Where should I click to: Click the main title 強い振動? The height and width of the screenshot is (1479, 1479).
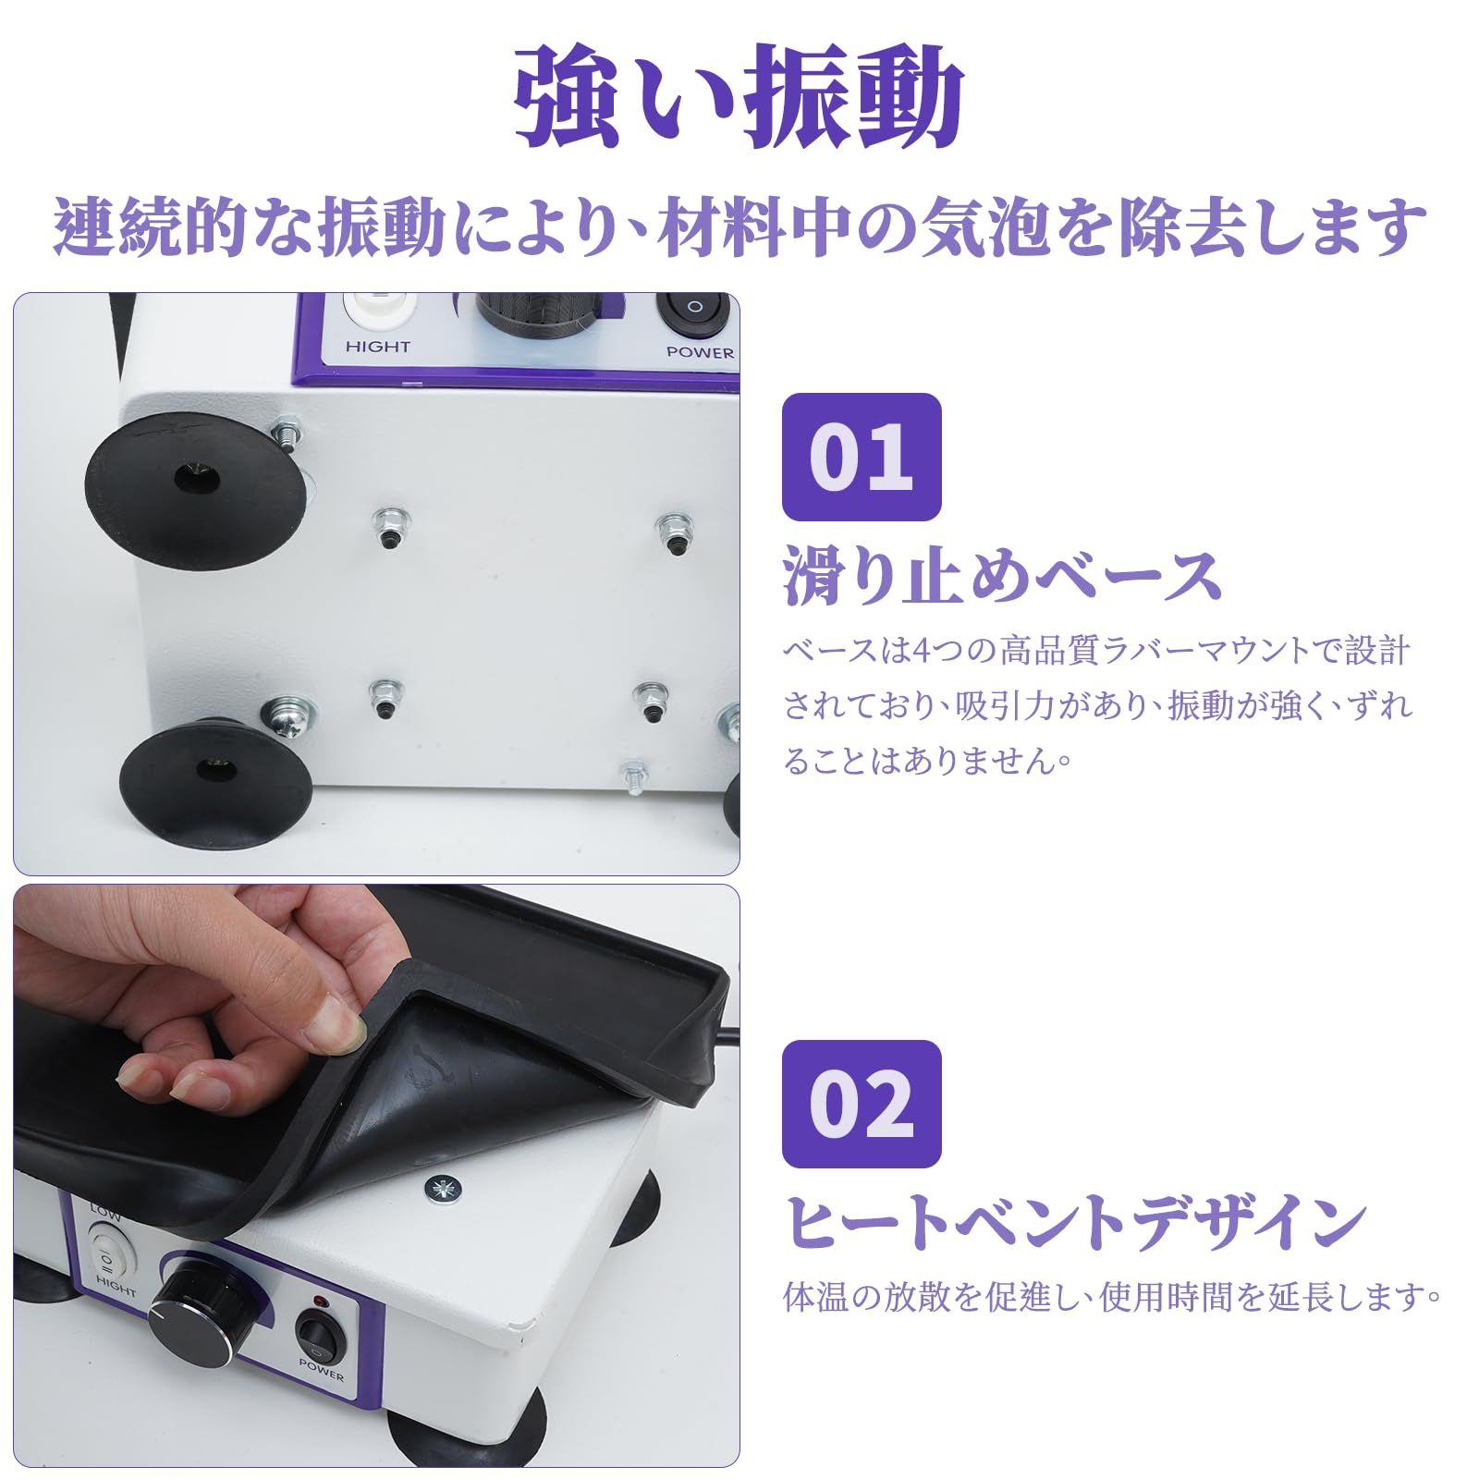739,97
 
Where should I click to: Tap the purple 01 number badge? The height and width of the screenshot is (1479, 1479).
861,457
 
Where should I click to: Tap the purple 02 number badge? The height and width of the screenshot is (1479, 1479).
861,1104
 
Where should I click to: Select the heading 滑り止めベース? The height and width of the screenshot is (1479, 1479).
1003,575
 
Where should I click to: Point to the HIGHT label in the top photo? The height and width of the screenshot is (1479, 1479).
377,347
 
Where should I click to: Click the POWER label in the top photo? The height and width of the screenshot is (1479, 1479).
700,352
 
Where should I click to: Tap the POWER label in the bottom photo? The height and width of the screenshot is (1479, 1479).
321,1370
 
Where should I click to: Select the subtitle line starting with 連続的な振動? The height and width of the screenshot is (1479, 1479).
739,226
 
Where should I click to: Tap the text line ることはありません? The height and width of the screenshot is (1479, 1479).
928,761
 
